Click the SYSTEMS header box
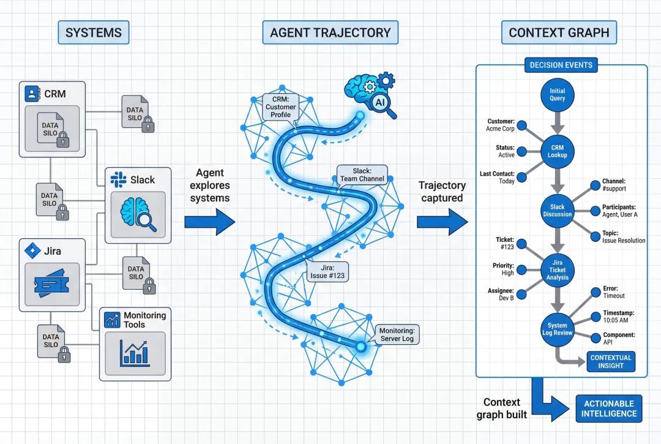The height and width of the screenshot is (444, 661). pyautogui.click(x=93, y=32)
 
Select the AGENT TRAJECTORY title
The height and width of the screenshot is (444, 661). pyautogui.click(x=330, y=32)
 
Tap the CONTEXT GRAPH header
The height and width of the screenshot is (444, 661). pyautogui.click(x=559, y=32)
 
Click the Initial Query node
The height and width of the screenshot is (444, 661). pyautogui.click(x=557, y=95)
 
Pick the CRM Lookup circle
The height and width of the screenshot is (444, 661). pyautogui.click(x=557, y=151)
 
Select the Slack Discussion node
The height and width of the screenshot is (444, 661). pyautogui.click(x=557, y=210)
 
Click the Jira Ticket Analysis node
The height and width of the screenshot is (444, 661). pyautogui.click(x=557, y=269)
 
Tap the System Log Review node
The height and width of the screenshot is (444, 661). pyautogui.click(x=557, y=329)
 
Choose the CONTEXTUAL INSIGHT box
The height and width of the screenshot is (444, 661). pyautogui.click(x=610, y=361)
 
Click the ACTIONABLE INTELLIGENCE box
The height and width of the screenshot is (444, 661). pyautogui.click(x=609, y=409)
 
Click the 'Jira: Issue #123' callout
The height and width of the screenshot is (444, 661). pyautogui.click(x=327, y=271)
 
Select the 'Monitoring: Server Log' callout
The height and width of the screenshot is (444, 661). pyautogui.click(x=396, y=334)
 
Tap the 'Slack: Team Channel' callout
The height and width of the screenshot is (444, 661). pyautogui.click(x=362, y=175)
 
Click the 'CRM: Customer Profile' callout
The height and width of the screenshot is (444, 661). pyautogui.click(x=280, y=107)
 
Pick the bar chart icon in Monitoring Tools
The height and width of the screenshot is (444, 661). pyautogui.click(x=135, y=353)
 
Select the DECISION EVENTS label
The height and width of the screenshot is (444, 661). pyautogui.click(x=561, y=65)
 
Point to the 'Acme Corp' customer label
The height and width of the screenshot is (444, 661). pyautogui.click(x=499, y=129)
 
